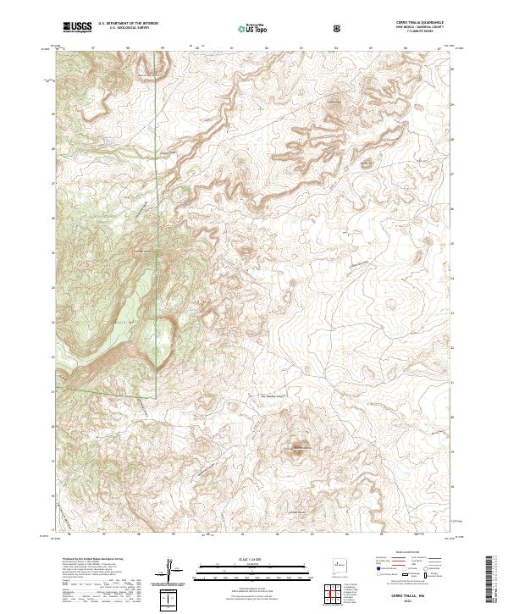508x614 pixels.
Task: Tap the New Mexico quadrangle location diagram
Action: [x=339, y=564]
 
